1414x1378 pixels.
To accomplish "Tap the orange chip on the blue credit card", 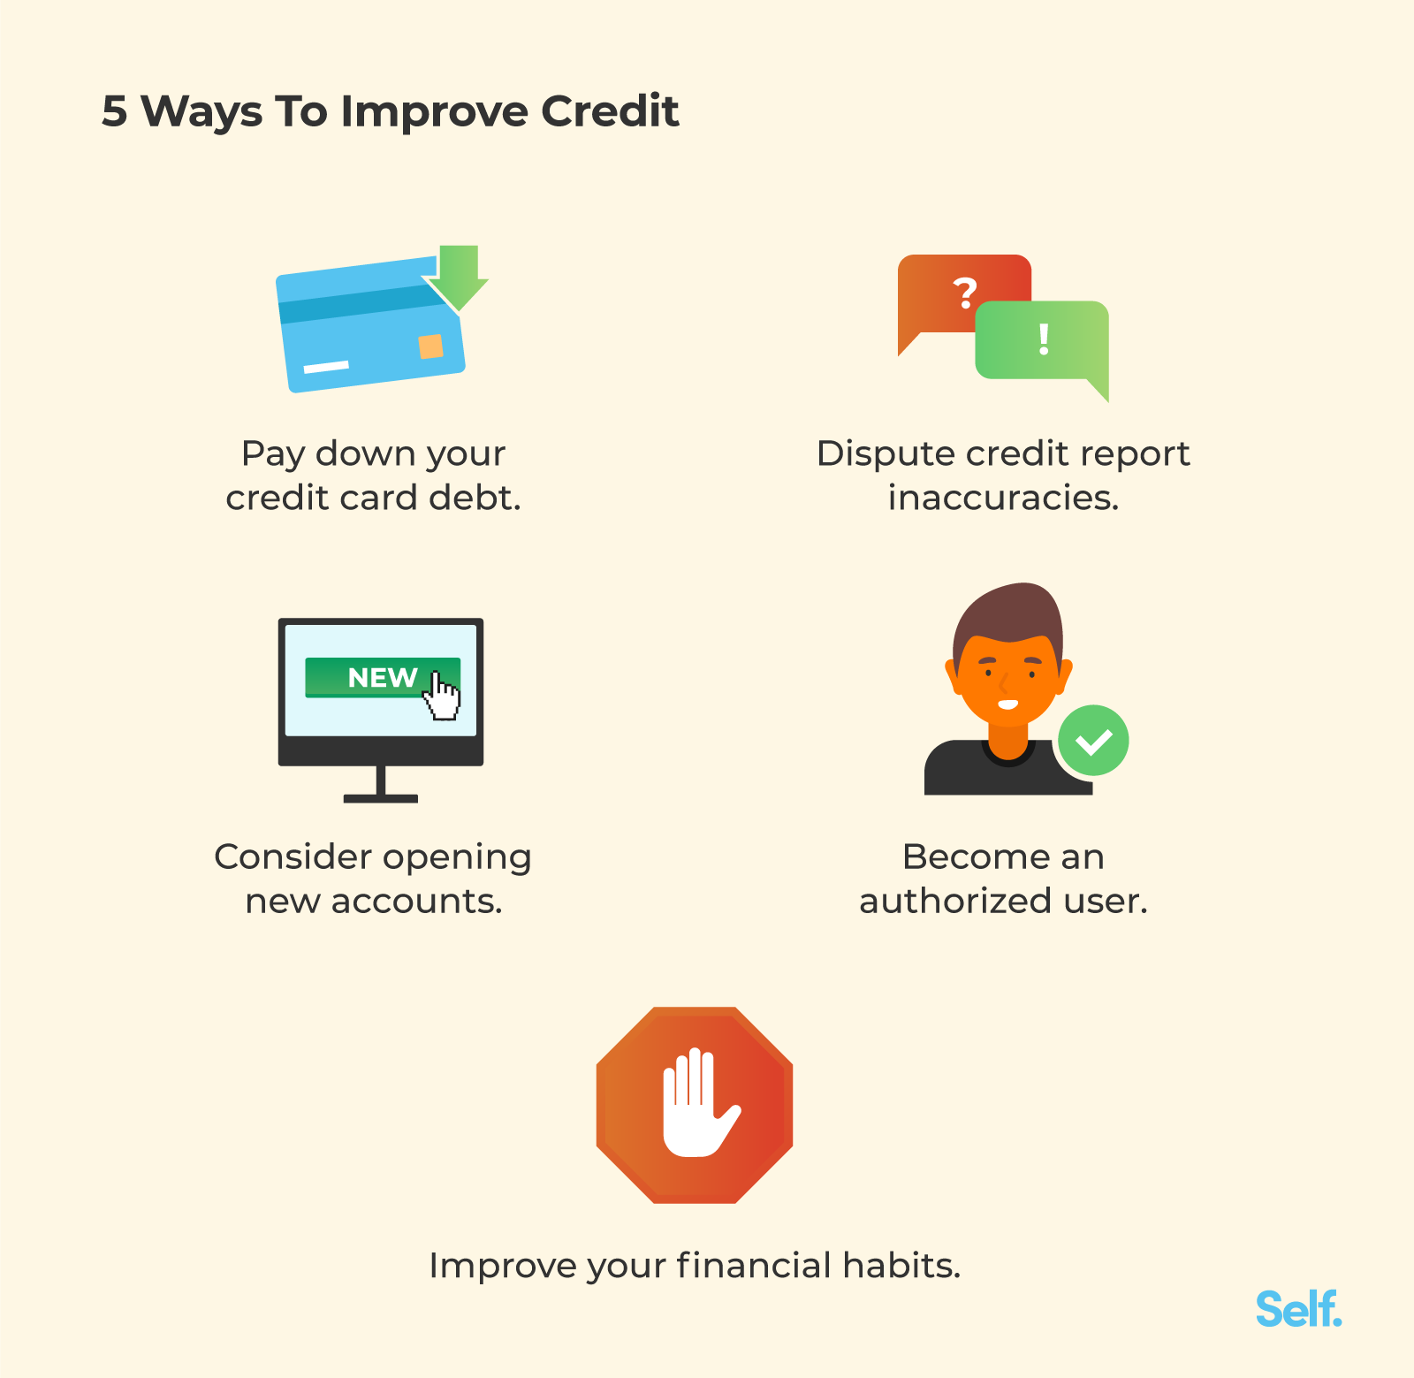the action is [x=430, y=346].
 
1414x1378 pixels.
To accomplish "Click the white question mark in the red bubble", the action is [x=965, y=293].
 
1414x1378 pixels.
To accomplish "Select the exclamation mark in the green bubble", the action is [x=1044, y=339].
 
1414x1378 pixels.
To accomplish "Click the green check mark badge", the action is [x=1093, y=741].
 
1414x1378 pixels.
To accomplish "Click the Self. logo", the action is [x=1299, y=1309].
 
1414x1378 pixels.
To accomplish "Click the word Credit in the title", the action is [x=610, y=111].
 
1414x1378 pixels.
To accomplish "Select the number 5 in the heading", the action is [x=115, y=112].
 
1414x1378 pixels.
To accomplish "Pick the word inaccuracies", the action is [x=1004, y=498].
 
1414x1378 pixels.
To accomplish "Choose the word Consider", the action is [x=293, y=857].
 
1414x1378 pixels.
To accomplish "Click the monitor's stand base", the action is [x=381, y=799].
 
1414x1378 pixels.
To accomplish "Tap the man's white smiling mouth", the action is [x=1008, y=704].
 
